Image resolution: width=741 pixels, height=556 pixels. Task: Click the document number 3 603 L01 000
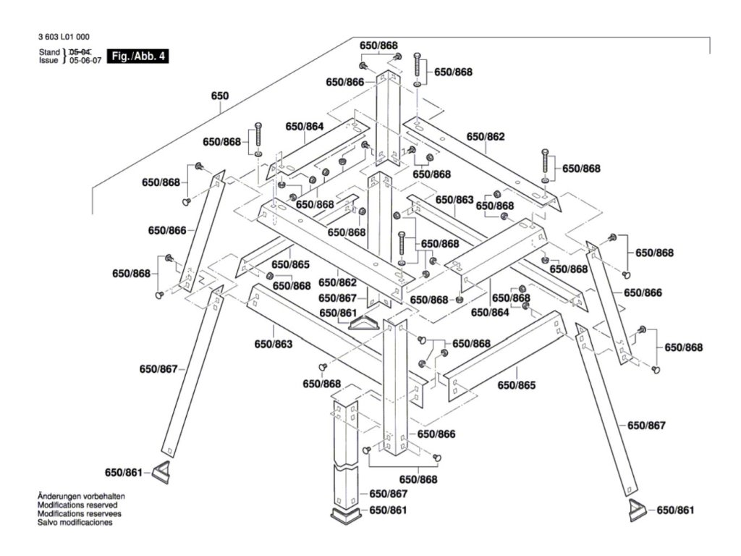(x=63, y=36)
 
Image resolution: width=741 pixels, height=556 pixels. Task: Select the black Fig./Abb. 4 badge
(x=137, y=56)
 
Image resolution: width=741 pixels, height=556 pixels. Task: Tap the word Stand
(x=49, y=52)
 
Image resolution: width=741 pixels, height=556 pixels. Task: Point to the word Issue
(x=48, y=61)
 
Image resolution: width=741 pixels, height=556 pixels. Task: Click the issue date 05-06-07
(x=85, y=61)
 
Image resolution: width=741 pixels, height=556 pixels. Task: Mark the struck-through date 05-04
(x=80, y=52)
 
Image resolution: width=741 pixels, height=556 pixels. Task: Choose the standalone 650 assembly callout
(x=219, y=96)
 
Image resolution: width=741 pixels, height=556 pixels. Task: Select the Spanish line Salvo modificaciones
(x=75, y=522)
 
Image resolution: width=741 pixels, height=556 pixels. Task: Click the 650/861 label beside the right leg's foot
(x=675, y=510)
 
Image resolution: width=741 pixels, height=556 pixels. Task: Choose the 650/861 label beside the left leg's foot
(x=125, y=472)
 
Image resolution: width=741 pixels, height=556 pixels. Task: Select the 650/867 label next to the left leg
(x=158, y=369)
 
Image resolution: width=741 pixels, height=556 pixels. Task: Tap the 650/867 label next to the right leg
(x=645, y=425)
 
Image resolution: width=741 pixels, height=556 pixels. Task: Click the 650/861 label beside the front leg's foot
(x=389, y=510)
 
